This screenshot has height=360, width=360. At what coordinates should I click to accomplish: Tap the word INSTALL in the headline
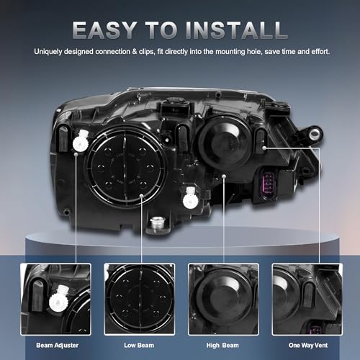point(236,30)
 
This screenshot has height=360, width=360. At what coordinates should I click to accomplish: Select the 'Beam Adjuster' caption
point(58,346)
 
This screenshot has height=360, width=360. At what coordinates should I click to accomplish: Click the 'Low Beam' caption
point(139,346)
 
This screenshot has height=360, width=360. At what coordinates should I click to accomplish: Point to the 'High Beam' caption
point(222,346)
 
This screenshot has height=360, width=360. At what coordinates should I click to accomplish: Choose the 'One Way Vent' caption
point(308,346)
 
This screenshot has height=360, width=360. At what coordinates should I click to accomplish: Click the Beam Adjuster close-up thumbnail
point(55,299)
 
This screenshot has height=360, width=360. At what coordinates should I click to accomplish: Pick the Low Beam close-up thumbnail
point(140,299)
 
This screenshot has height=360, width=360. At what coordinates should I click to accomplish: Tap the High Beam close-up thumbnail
point(223,299)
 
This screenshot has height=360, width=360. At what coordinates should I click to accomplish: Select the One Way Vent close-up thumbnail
point(307,299)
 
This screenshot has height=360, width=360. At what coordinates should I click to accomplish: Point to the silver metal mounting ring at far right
point(315,133)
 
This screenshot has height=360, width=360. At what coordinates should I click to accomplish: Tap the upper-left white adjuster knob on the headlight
point(81,141)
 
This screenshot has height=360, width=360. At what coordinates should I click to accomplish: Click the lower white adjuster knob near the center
point(191,198)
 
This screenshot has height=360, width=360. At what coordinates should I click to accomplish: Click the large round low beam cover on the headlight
point(126,166)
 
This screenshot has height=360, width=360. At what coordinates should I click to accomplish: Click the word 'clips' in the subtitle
point(146,52)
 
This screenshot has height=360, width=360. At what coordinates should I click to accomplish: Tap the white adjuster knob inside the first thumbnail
point(59,297)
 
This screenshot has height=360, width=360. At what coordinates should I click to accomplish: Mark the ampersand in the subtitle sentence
point(135,52)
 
